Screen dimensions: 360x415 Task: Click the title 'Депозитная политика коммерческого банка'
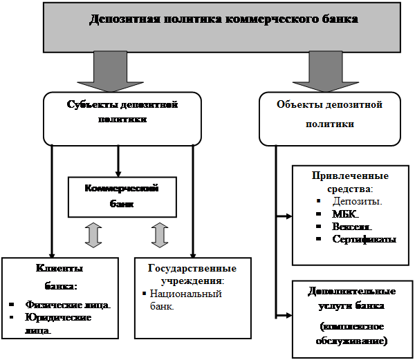(x=223, y=19)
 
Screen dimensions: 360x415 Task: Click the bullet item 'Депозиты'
(x=357, y=201)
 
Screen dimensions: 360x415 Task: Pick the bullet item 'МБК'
(x=347, y=214)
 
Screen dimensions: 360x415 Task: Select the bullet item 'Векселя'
(x=352, y=226)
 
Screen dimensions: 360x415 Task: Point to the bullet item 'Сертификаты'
(x=364, y=239)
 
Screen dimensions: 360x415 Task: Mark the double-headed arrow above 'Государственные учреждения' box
(x=160, y=235)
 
